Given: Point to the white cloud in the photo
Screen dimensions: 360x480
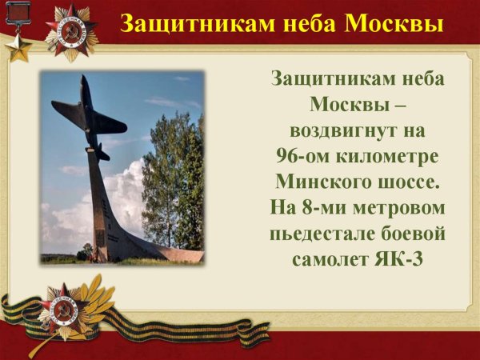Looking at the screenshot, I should point(120,200).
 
